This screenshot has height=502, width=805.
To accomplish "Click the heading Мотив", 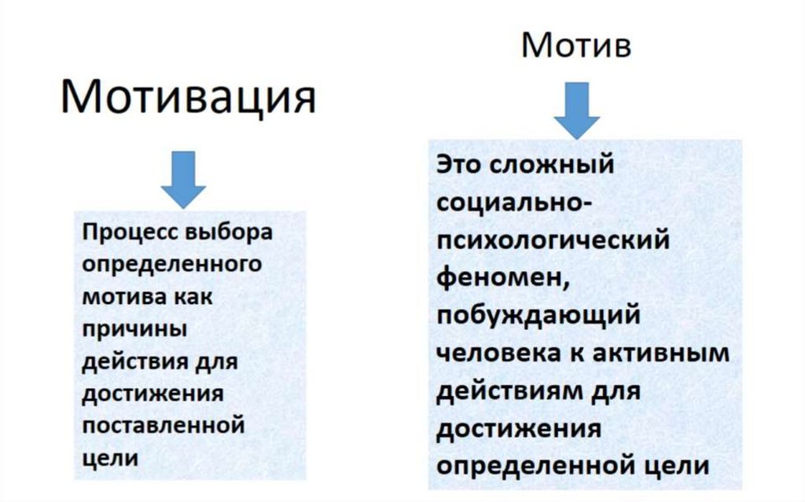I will (x=575, y=46).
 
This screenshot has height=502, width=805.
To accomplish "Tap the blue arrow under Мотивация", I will (x=183, y=181).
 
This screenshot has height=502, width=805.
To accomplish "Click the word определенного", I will (x=171, y=266).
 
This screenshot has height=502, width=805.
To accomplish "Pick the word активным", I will (x=667, y=352).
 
